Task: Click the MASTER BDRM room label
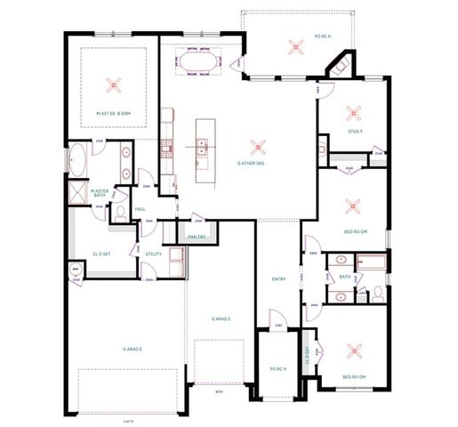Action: (x=113, y=114)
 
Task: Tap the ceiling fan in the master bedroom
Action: (x=113, y=85)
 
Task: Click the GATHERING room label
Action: (x=252, y=163)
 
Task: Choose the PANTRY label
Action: (x=197, y=237)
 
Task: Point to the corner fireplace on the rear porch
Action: (x=338, y=68)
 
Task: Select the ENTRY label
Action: (x=278, y=279)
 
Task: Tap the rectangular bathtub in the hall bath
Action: (x=371, y=263)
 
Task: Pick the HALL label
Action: (x=140, y=210)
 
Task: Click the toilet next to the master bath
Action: (x=120, y=212)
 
